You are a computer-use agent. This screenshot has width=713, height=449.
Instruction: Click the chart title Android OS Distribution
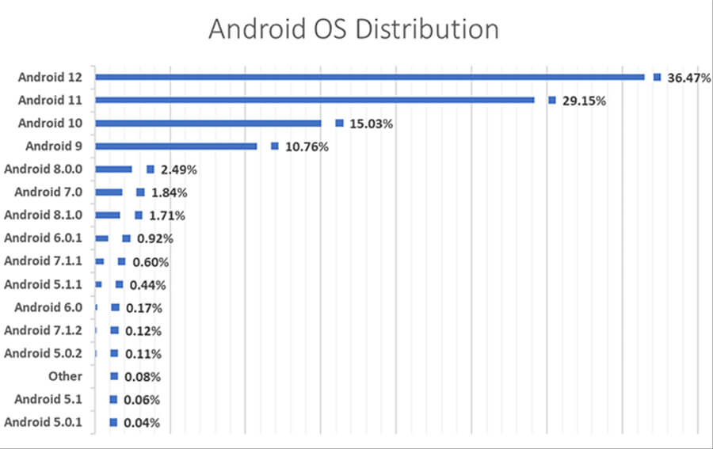pos(353,29)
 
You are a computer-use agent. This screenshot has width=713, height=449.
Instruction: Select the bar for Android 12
pos(369,77)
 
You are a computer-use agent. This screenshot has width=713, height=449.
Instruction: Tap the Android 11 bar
pos(315,100)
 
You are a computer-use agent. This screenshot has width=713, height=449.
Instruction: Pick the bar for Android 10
pos(208,123)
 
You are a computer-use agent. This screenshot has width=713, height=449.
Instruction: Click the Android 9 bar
pos(176,146)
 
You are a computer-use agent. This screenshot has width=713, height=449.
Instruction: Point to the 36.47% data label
pos(688,78)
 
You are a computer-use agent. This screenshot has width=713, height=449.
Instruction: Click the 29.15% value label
pos(584,101)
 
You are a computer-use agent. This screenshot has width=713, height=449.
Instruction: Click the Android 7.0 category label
pos(54,192)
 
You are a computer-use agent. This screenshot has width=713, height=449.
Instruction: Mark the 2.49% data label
pos(178,169)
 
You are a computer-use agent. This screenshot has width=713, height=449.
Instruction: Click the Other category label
pos(65,376)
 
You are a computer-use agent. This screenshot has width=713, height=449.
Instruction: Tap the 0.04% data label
pos(141,423)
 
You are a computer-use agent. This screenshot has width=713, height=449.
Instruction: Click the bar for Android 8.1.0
pos(108,215)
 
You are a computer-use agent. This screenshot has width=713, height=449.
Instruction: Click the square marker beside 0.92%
pos(126,238)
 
